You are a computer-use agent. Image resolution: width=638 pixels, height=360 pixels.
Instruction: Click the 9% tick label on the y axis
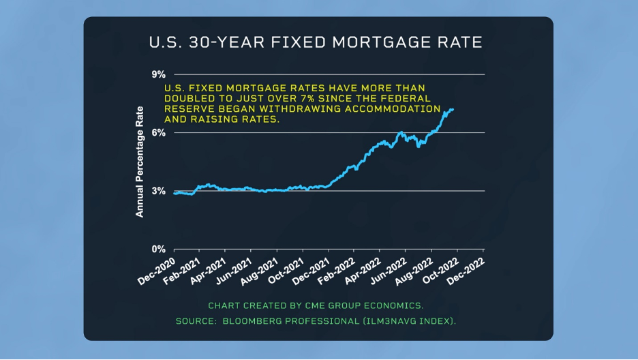click(x=159, y=74)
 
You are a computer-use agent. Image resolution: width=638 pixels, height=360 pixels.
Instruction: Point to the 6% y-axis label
click(x=159, y=132)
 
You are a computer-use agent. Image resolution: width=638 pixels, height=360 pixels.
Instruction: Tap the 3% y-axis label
click(x=159, y=191)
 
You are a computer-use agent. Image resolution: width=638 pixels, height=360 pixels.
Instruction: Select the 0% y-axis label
click(x=159, y=249)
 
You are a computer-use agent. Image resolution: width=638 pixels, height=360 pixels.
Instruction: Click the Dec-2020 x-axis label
click(x=156, y=272)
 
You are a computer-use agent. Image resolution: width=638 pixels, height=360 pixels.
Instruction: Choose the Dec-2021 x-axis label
click(x=311, y=272)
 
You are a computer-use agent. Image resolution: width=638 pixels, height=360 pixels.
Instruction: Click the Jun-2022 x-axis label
click(x=389, y=271)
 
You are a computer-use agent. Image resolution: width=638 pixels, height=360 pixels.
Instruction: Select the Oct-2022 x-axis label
click(x=440, y=271)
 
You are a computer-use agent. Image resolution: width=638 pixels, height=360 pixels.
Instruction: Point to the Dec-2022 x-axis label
click(x=466, y=272)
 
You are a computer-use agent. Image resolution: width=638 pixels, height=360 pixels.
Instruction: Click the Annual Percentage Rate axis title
click(x=140, y=162)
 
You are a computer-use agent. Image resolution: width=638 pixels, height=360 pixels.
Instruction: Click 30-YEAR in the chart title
click(x=226, y=42)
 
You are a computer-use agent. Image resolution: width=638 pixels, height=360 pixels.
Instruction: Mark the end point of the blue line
click(x=453, y=109)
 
